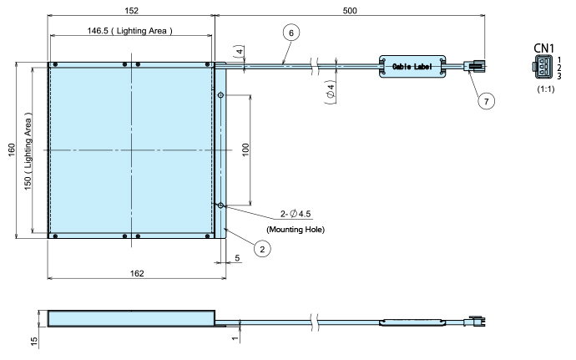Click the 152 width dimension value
pyautogui.click(x=132, y=11)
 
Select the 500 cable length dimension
pyautogui.click(x=350, y=11)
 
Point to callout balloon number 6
pyautogui.click(x=291, y=33)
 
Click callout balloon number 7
pyautogui.click(x=487, y=101)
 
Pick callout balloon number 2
pyautogui.click(x=262, y=249)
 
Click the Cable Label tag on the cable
pyautogui.click(x=412, y=67)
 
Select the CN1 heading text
pyautogui.click(x=543, y=48)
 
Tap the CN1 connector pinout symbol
pyautogui.click(x=543, y=67)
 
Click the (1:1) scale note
pyautogui.click(x=545, y=89)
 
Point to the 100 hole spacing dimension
pyautogui.click(x=245, y=150)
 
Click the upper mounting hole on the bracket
pyautogui.click(x=220, y=95)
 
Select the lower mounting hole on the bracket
pyautogui.click(x=220, y=205)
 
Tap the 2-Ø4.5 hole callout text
pyautogui.click(x=296, y=214)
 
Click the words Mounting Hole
pyautogui.click(x=296, y=230)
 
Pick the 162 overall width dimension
pyautogui.click(x=137, y=273)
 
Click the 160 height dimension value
pyautogui.click(x=12, y=150)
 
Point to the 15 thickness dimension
pyautogui.click(x=34, y=342)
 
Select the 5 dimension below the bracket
pyautogui.click(x=237, y=258)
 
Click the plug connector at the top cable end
pyautogui.click(x=475, y=67)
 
